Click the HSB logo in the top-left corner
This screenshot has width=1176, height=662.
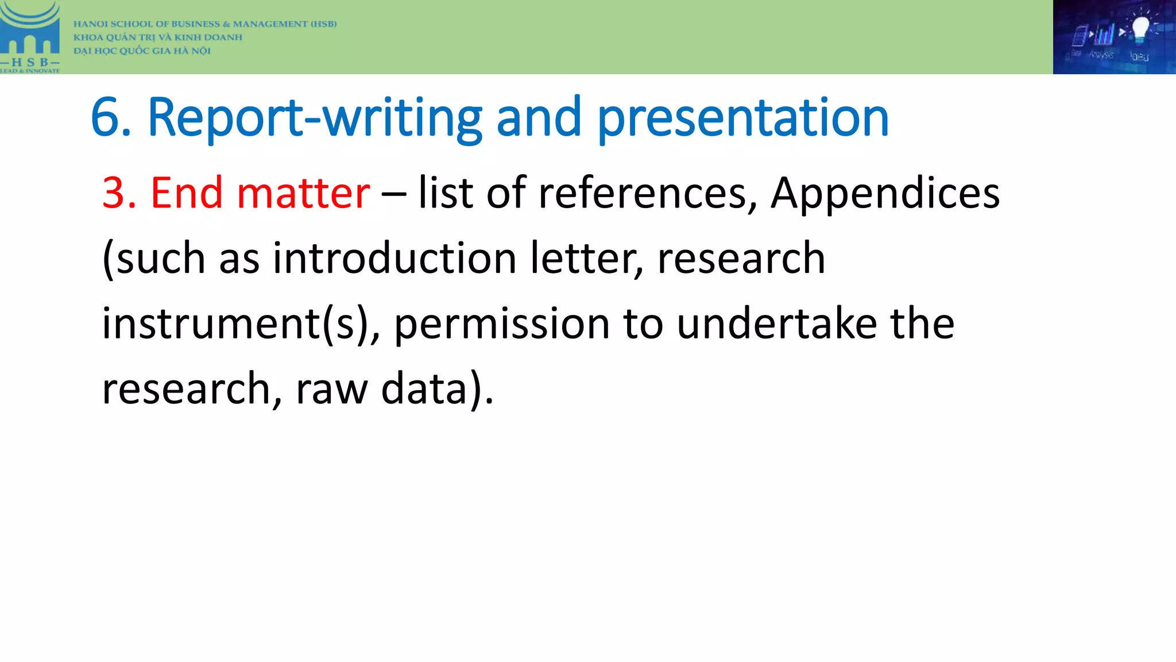30,37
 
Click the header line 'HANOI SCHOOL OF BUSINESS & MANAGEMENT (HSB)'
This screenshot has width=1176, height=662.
204,24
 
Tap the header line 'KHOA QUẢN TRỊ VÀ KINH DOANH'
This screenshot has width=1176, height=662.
157,37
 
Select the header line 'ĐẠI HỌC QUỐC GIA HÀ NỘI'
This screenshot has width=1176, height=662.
142,51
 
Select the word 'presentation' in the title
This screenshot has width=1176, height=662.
743,118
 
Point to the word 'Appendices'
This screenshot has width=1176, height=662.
885,194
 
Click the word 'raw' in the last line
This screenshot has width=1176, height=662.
331,389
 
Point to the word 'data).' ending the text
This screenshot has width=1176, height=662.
437,389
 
